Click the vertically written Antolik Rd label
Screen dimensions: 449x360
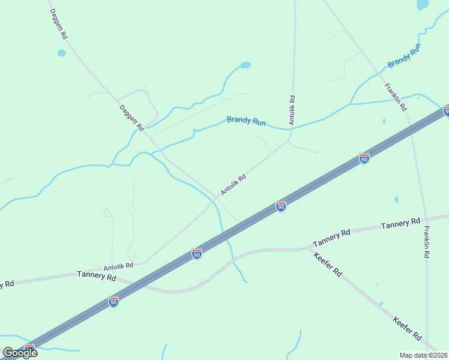pyautogui.click(x=292, y=110)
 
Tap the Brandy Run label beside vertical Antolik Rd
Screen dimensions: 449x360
pyautogui.click(x=246, y=121)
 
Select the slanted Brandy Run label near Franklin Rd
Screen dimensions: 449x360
pyautogui.click(x=404, y=55)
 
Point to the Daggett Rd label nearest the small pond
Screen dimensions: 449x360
pyautogui.click(x=58, y=24)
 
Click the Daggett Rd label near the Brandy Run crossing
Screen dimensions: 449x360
pyautogui.click(x=131, y=118)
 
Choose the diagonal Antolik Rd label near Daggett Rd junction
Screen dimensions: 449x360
pyautogui.click(x=234, y=184)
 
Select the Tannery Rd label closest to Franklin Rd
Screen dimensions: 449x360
pyautogui.click(x=400, y=224)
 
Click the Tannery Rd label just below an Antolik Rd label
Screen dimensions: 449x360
pyautogui.click(x=96, y=276)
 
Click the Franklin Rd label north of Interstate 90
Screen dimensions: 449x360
pyautogui.click(x=396, y=97)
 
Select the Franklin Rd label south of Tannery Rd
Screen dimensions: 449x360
pyautogui.click(x=426, y=242)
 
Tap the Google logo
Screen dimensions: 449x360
pyautogui.click(x=20, y=353)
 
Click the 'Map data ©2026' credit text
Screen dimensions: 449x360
pyautogui.click(x=423, y=355)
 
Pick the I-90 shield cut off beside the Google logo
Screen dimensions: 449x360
pyautogui.click(x=29, y=348)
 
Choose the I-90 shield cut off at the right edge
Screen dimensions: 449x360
pyautogui.click(x=446, y=110)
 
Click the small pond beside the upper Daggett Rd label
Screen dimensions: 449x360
pyautogui.click(x=61, y=53)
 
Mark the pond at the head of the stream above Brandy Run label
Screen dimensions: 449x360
pyautogui.click(x=244, y=65)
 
